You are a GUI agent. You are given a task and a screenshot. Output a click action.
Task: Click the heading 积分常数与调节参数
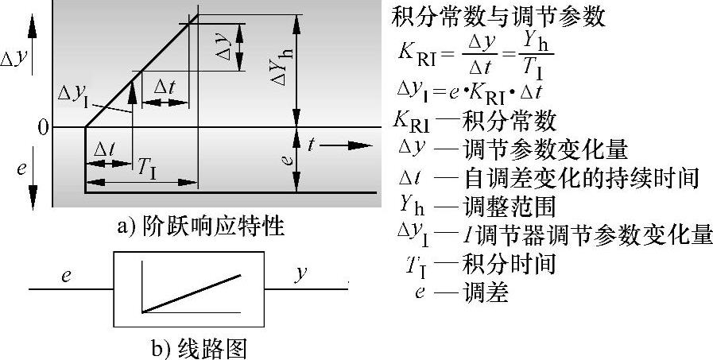point(499,17)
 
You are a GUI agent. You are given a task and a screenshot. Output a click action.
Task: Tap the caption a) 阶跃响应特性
point(200,227)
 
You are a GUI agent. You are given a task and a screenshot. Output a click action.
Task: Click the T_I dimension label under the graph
point(145,168)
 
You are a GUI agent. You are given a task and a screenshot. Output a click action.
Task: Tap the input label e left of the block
point(67,274)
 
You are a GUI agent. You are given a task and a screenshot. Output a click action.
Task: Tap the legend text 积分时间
point(508,263)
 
